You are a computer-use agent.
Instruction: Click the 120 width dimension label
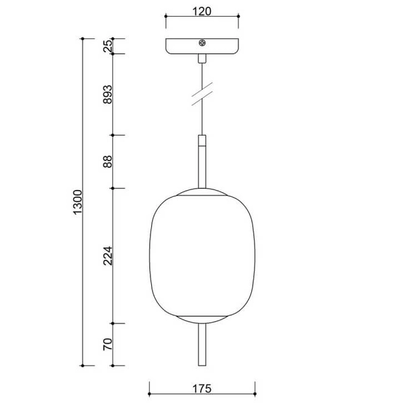pyautogui.click(x=201, y=11)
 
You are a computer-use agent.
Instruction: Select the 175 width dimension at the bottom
pyautogui.click(x=201, y=388)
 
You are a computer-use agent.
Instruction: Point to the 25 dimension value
pyautogui.click(x=107, y=46)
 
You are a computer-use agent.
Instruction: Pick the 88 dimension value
pyautogui.click(x=107, y=162)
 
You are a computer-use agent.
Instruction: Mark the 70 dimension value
pyautogui.click(x=107, y=345)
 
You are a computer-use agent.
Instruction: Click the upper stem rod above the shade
pyautogui.click(x=201, y=165)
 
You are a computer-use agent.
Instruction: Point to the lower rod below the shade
pyautogui.click(x=201, y=345)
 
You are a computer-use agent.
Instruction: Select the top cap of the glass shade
pyautogui.click(x=201, y=192)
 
